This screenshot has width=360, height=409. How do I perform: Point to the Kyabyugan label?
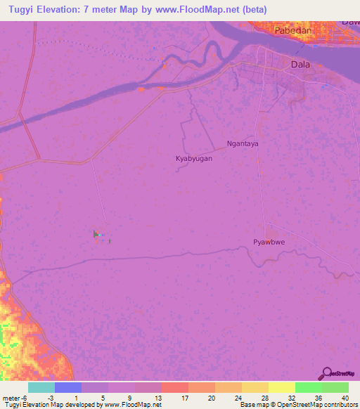[x=193, y=159]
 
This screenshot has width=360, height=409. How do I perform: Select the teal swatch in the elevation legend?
[x=41, y=387]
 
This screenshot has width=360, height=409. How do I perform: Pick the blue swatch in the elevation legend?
[x=67, y=387]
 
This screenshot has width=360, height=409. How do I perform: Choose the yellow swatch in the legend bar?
[x=281, y=387]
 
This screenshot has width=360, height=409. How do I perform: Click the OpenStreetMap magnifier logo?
[x=326, y=373]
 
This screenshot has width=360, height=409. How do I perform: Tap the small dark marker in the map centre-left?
[x=96, y=234]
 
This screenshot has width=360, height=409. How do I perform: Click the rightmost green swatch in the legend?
[x=335, y=387]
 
